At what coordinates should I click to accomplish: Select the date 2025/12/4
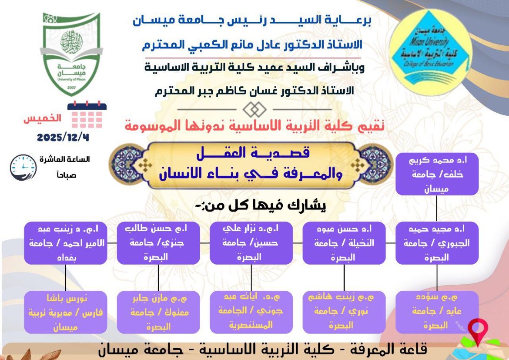coord(63,137)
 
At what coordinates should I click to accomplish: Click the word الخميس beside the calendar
coord(42,118)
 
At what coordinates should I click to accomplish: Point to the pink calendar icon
coord(87,115)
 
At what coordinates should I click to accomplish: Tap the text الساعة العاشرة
coord(65,160)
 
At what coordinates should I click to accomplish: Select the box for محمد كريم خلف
coord(437,174)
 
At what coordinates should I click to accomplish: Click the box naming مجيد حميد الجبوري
coord(437,242)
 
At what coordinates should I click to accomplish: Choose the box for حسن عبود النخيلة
coord(344,242)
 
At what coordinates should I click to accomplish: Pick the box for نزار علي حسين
coord(251,242)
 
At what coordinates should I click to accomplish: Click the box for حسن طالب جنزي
coord(158,242)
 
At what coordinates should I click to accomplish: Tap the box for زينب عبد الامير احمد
coord(65,242)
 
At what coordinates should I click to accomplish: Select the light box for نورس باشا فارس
coord(65,312)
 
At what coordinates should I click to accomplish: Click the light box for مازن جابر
coord(158,312)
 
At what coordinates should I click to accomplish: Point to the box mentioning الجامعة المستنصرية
coord(251,312)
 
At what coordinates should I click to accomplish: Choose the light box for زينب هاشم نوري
coord(344,312)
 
